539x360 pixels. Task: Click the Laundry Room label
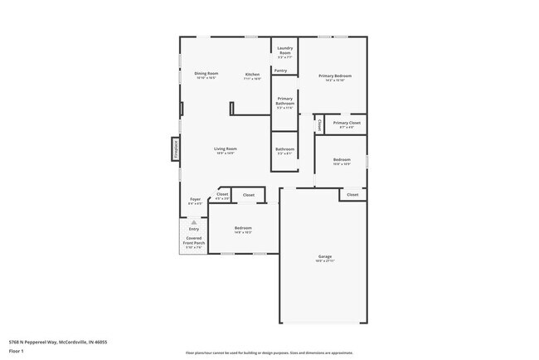[x=284, y=51]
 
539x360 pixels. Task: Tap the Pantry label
[x=281, y=71]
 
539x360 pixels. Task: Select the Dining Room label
[x=206, y=74]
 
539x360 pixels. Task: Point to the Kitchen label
[x=252, y=75]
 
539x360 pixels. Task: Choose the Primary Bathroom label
[x=284, y=105]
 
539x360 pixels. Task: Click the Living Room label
[x=226, y=150]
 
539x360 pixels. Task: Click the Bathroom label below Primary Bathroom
[x=284, y=150]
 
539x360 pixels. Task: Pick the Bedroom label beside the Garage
[x=243, y=229]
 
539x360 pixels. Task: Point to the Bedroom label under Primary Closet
[x=342, y=160]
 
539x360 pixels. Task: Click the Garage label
[x=325, y=258]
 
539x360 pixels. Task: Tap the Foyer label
[x=195, y=200]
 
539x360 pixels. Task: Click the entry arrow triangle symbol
[x=194, y=222]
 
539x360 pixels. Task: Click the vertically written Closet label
[x=320, y=124]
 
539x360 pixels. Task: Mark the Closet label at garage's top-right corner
[x=352, y=194]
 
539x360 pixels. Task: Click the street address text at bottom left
[x=57, y=341]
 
